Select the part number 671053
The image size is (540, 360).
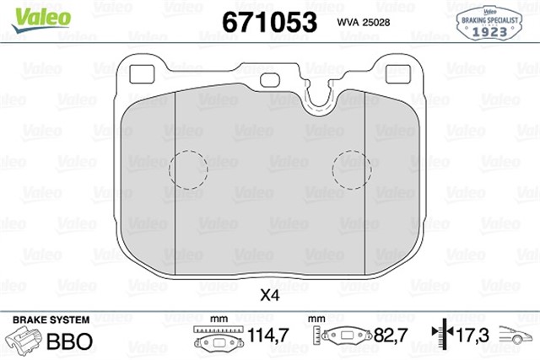click(269, 20)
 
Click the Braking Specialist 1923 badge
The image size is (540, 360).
click(489, 20)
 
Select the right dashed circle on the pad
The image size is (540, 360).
click(352, 170)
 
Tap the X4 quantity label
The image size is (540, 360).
click(269, 296)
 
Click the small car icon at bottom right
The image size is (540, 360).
click(516, 338)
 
